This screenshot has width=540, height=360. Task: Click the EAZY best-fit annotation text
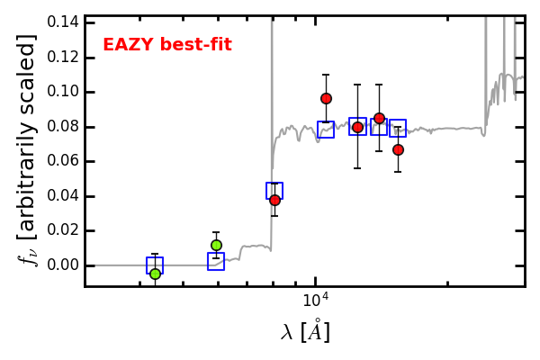167,45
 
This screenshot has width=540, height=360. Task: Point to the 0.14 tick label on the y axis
63,22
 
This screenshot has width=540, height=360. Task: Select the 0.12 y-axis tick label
63,58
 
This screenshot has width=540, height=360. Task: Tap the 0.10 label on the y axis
63,92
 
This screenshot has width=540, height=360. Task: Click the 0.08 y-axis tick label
63,127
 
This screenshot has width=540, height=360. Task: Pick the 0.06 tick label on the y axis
63,161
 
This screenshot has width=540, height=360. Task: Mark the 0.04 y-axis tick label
63,196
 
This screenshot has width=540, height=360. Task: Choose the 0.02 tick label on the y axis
63,230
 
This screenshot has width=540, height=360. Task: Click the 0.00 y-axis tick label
63,265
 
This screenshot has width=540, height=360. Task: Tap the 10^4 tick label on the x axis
315,300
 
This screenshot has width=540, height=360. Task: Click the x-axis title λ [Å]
305,331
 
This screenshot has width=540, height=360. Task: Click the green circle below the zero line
156,274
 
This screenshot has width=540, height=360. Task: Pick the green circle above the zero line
216,246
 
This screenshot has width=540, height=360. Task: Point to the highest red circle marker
326,99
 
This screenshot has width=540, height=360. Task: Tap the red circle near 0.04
274,200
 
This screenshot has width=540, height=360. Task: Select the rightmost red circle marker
398,150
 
